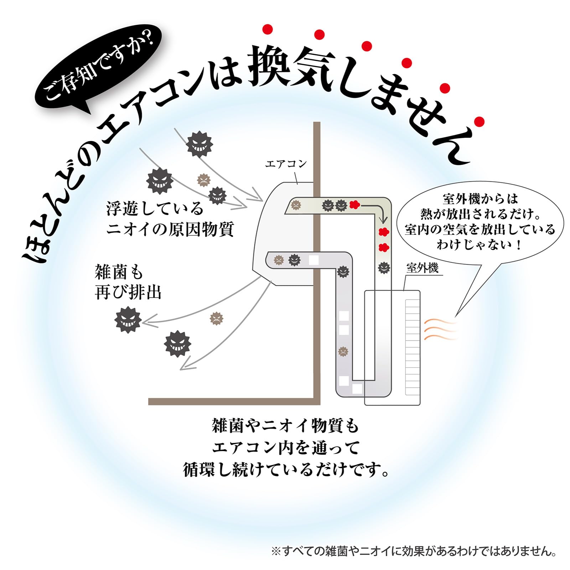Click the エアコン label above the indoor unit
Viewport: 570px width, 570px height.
[286, 164]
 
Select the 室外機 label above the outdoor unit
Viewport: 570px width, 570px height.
[422, 268]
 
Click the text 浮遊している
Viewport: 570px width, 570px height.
[155, 208]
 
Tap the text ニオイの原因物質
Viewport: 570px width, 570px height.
[170, 229]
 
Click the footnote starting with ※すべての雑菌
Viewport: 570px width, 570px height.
[414, 552]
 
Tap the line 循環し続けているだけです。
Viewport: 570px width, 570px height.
[285, 470]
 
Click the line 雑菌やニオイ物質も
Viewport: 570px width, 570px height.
[285, 426]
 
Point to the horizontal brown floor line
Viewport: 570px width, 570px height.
[232, 401]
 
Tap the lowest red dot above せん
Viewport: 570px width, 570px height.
[480, 121]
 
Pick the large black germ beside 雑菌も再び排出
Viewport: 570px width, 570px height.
[128, 320]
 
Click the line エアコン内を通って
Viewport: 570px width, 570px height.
[285, 448]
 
